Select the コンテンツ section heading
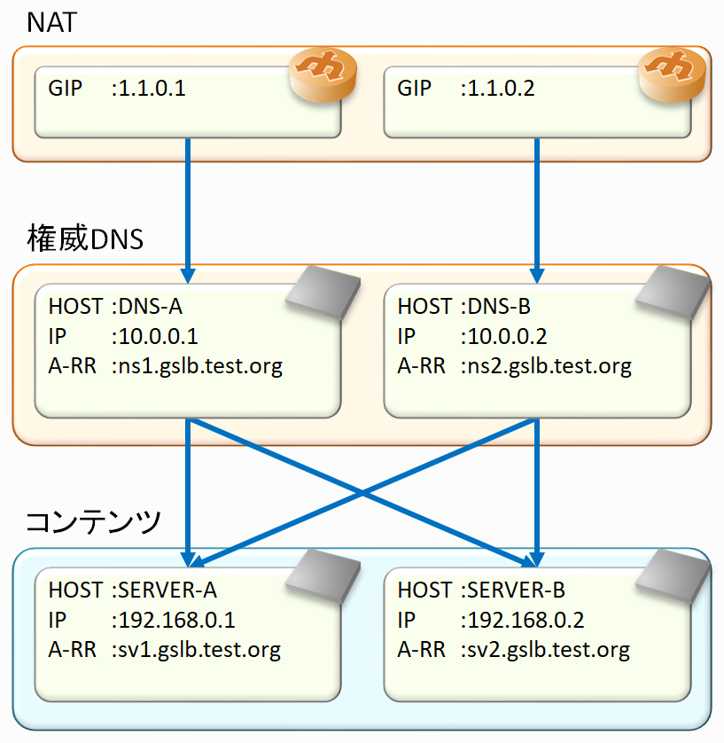point(93,520)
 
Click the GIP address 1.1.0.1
point(152,89)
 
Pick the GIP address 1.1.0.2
point(502,89)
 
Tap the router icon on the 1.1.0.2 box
point(672,72)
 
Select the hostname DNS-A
point(152,307)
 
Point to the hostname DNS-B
point(501,307)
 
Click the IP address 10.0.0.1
point(155,337)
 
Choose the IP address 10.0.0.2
point(504,337)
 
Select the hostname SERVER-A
point(168,590)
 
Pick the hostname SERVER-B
point(517,590)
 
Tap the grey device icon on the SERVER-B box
point(672,575)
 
